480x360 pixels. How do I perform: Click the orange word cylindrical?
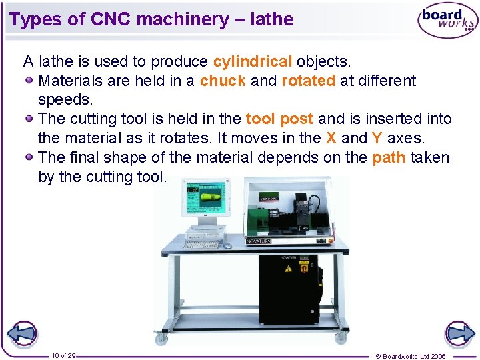pyautogui.click(x=252, y=62)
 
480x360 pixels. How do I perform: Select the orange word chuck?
pyautogui.click(x=223, y=81)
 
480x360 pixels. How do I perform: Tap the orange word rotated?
pyautogui.click(x=308, y=81)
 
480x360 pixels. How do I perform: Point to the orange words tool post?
pyautogui.click(x=279, y=119)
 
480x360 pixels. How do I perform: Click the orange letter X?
pyautogui.click(x=331, y=139)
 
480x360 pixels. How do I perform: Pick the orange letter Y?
pyautogui.click(x=377, y=139)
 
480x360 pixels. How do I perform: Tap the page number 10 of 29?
pyautogui.click(x=63, y=355)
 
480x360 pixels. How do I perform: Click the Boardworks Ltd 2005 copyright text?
pyautogui.click(x=411, y=356)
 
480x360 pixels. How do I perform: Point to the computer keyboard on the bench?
pyautogui.click(x=201, y=245)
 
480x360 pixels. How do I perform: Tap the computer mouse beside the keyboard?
pyautogui.click(x=227, y=246)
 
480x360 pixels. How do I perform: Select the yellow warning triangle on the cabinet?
pyautogui.click(x=288, y=268)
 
